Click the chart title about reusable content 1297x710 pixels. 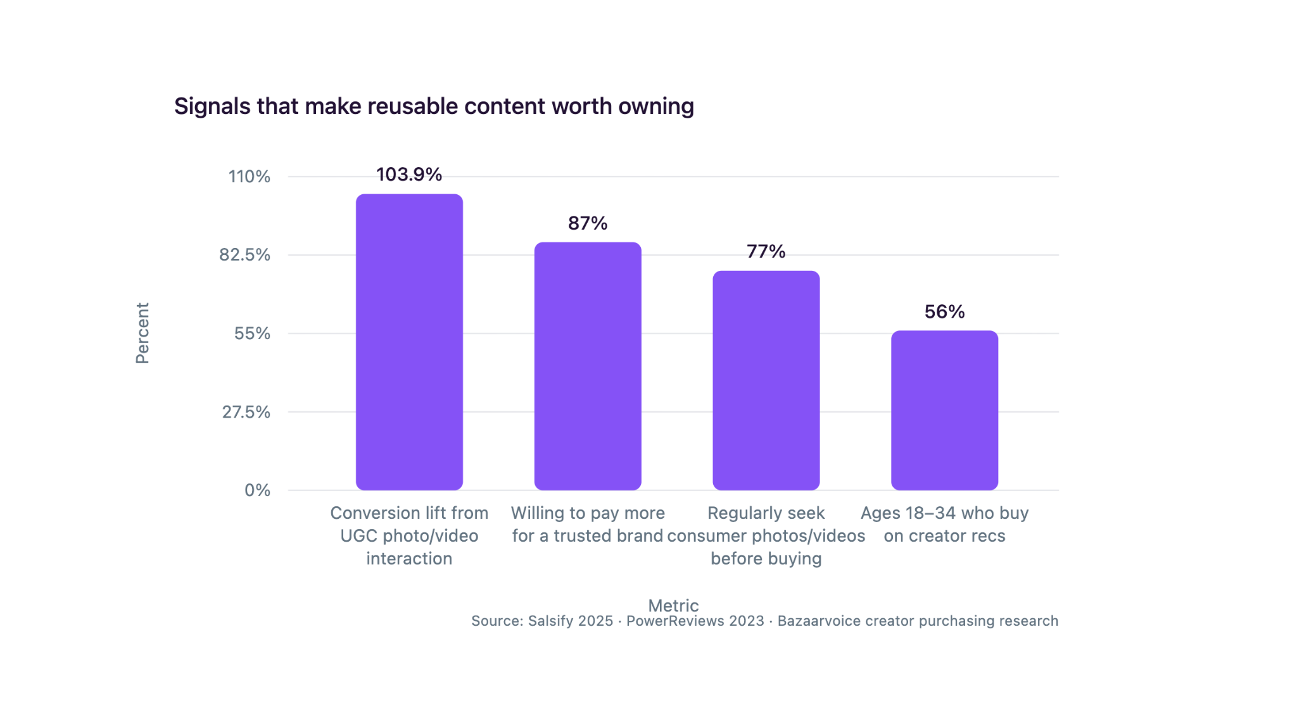434,106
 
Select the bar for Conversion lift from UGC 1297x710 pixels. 409,342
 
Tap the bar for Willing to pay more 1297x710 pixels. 588,366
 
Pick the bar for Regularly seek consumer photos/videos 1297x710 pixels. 766,380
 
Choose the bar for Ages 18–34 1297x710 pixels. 945,410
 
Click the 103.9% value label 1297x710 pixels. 409,174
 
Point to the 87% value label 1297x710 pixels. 588,223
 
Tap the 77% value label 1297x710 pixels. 766,251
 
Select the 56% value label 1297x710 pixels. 945,311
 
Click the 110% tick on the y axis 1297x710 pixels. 250,177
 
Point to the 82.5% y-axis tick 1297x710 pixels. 245,255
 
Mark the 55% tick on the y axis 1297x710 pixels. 253,333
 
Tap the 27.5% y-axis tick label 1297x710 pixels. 246,412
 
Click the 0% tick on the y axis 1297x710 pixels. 258,490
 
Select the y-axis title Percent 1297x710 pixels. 142,333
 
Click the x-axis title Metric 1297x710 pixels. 673,606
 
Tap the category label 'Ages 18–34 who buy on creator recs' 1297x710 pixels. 945,524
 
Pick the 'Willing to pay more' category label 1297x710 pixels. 588,524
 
